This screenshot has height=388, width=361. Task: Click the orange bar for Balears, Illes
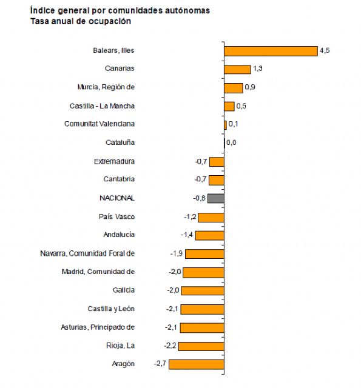(x=271, y=51)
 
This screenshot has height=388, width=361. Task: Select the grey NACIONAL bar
(x=217, y=198)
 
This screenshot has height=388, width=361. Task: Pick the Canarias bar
(x=237, y=69)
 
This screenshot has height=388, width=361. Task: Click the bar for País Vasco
(x=211, y=217)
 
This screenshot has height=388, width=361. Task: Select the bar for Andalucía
(x=209, y=235)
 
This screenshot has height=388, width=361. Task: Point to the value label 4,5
(x=325, y=51)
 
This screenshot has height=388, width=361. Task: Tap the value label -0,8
(x=199, y=198)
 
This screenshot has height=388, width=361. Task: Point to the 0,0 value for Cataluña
(x=231, y=143)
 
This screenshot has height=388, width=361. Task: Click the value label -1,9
(x=175, y=253)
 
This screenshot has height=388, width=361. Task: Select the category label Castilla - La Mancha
(x=102, y=106)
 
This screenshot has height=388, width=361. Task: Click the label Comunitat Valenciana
(x=100, y=124)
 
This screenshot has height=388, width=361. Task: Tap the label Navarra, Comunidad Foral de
(x=87, y=253)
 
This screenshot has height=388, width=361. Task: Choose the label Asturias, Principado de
(x=98, y=327)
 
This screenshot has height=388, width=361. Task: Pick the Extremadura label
(x=114, y=161)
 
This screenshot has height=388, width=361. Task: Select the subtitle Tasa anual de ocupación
(x=80, y=21)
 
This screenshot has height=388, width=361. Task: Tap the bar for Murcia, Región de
(x=233, y=88)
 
